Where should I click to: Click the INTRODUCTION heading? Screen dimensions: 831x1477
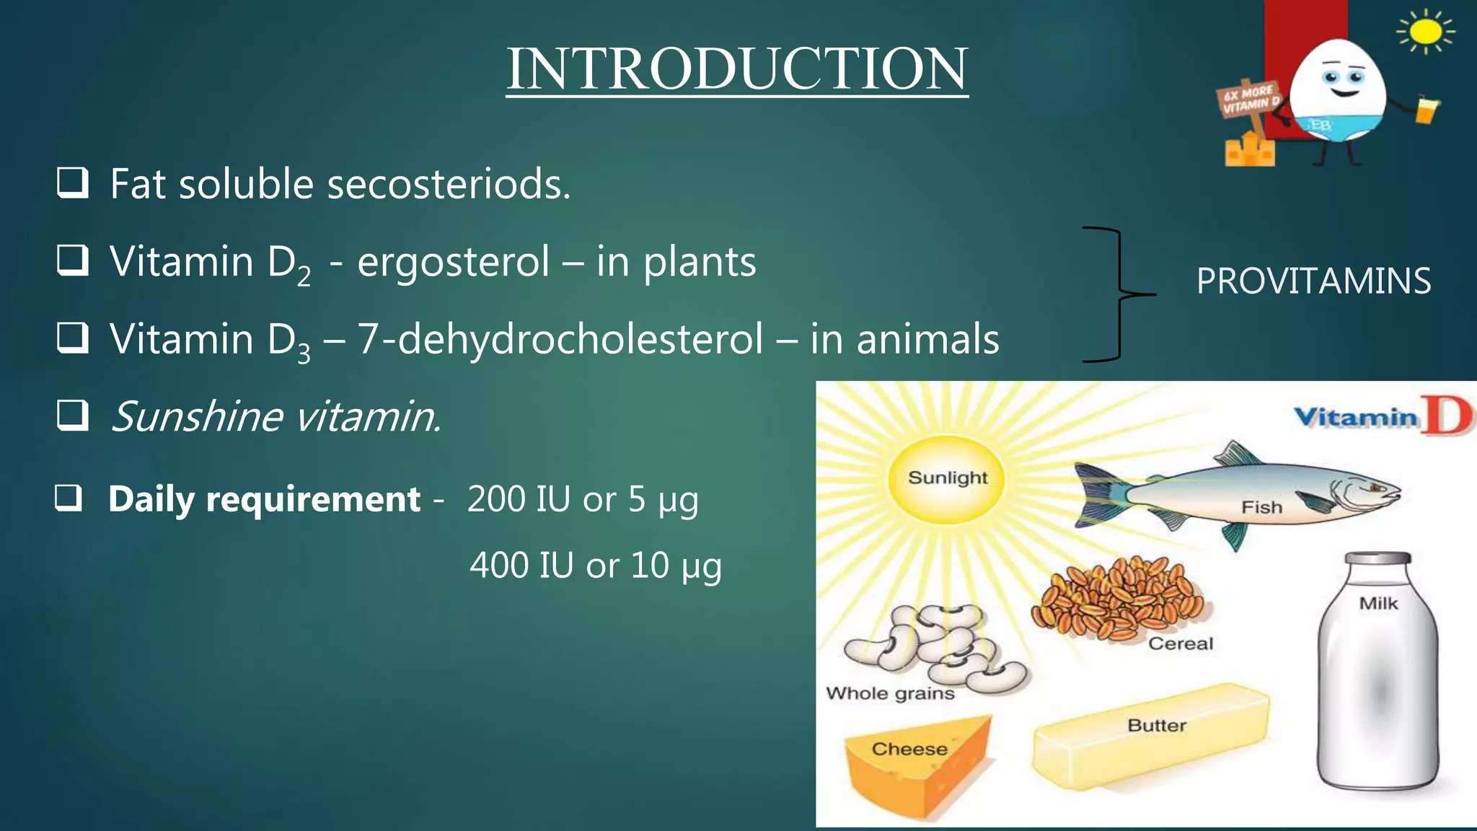tap(736, 69)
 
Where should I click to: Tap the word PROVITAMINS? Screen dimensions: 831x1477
tap(1313, 281)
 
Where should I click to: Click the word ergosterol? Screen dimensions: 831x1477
tap(453, 261)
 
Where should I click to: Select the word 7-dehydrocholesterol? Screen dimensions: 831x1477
tap(560, 339)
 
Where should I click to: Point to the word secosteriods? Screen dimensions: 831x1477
tap(448, 184)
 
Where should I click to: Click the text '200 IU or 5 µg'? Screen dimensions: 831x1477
tap(583, 499)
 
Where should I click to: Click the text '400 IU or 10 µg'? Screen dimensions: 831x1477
tap(595, 565)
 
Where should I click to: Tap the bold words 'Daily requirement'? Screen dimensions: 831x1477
tap(264, 499)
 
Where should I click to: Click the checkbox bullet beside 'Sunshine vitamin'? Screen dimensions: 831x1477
tap(72, 415)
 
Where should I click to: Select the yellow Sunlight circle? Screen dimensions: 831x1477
tap(946, 479)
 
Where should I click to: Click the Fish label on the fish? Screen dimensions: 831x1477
tap(1261, 507)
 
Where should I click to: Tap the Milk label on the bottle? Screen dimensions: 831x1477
tap(1378, 603)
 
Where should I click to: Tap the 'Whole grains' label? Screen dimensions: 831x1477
tap(890, 693)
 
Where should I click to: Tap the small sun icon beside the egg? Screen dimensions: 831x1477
tap(1425, 32)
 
